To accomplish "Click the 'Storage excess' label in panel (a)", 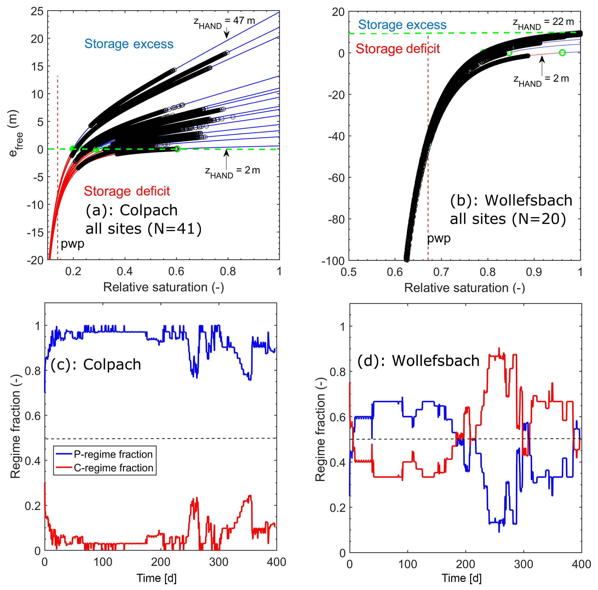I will [129, 44].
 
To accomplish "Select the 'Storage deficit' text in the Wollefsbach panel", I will [398, 49].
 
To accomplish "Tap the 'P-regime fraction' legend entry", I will [113, 454].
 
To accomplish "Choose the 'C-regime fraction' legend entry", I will [113, 468].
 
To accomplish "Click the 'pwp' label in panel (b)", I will [439, 239].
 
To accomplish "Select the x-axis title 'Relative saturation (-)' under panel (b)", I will [464, 288].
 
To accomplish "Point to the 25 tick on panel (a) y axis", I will [37, 12].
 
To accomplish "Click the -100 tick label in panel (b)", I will [333, 261].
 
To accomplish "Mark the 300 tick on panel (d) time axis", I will [523, 564].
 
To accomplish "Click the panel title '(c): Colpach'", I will [96, 364].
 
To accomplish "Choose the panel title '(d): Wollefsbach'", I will [418, 361].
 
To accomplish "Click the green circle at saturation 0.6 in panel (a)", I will [177, 149].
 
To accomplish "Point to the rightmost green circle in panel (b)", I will [562, 53].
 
